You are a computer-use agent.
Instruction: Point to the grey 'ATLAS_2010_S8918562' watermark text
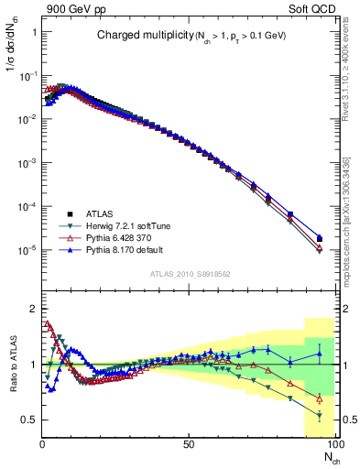coord(190,274)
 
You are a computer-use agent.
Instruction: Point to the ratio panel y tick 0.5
coord(29,420)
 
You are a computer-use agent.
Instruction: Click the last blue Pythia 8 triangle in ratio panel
coord(319,353)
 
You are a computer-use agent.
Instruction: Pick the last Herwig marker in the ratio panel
coord(319,415)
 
